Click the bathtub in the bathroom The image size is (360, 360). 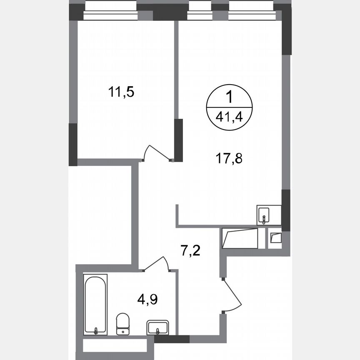click(95, 304)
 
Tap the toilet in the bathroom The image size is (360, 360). click(122, 323)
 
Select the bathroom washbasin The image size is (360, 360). click(157, 327)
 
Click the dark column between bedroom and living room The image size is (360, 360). click(178, 140)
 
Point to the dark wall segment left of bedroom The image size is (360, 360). click(73, 144)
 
